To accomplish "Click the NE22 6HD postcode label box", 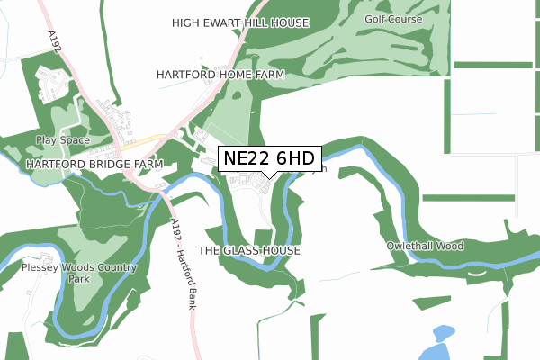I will (269, 158).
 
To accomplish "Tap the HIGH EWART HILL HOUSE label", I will (240, 22).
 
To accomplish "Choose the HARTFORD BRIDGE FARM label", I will (94, 166).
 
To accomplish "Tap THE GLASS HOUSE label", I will (248, 249).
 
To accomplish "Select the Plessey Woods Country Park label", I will (81, 273).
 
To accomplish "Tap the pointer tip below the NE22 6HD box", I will (269, 177).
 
